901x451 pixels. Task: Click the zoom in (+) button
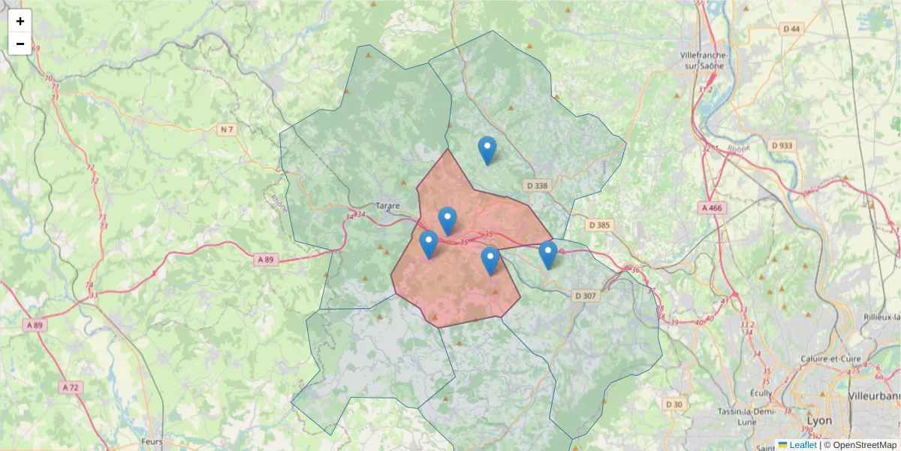20,21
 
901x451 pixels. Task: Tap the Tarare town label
387,205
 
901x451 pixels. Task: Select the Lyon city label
818,421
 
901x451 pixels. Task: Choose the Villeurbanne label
875,395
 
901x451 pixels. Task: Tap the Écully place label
763,392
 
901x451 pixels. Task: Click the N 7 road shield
227,130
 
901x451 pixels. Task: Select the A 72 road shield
70,387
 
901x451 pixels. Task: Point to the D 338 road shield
538,185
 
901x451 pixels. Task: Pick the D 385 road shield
601,225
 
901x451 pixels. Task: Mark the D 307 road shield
585,295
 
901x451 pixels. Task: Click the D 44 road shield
791,29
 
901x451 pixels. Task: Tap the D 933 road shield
782,145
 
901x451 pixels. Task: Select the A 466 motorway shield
712,207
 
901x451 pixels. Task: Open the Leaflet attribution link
802,445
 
